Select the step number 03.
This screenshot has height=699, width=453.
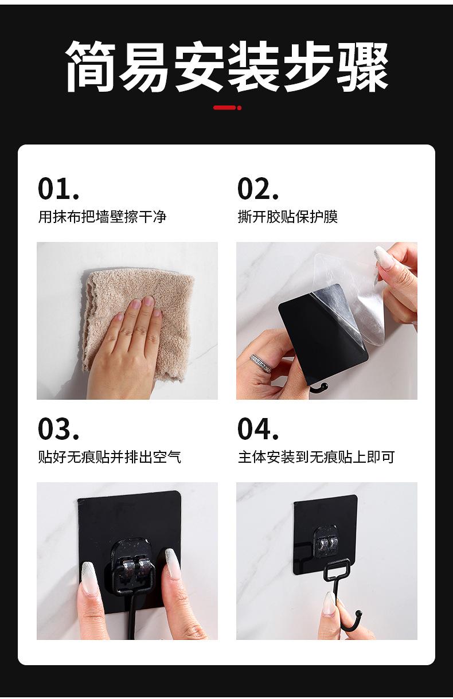tap(58, 428)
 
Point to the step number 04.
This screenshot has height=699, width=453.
tap(258, 428)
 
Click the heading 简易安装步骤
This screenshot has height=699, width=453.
tap(227, 66)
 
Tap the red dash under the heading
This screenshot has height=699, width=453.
tap(227, 108)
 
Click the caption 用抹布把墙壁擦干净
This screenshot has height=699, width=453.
tap(102, 217)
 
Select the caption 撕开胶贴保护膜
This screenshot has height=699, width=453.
tap(288, 217)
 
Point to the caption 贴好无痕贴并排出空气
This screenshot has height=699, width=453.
tap(110, 457)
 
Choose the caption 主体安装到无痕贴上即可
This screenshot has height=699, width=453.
tap(317, 457)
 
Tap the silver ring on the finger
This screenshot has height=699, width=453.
tap(261, 362)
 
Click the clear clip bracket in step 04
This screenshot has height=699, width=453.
tap(326, 542)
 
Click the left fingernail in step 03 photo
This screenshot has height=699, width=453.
tap(89, 577)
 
